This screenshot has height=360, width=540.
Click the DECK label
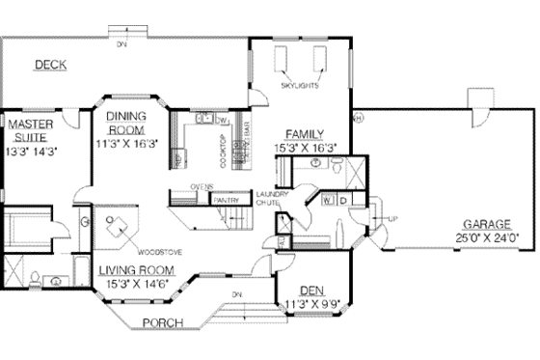tap(50, 66)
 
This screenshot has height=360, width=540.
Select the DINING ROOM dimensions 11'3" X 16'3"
tap(126, 142)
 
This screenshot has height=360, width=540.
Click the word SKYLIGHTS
tap(300, 86)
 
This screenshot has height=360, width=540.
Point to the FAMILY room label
tap(304, 134)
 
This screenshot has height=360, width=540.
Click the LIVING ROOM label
tap(135, 270)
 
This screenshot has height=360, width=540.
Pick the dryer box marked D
tap(342, 201)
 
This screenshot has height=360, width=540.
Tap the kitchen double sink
tap(203, 120)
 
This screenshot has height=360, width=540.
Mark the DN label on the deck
tap(121, 44)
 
